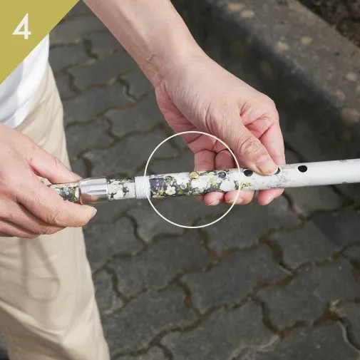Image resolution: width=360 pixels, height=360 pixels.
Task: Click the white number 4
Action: (21, 26)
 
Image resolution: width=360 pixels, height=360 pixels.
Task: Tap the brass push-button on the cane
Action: (195, 175)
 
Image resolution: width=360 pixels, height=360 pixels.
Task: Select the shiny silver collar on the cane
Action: (93, 190)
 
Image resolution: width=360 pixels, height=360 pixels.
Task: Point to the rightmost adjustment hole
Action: (302, 169)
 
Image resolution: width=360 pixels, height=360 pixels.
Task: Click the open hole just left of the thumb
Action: (248, 173)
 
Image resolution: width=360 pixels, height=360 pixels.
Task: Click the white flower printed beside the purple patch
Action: (170, 190)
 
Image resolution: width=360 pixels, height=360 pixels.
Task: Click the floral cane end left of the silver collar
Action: (65, 191)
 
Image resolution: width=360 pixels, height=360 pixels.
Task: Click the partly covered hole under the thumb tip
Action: (277, 170)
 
